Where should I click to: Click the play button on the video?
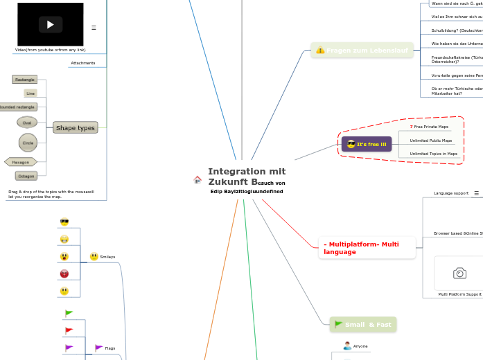pos(50,25)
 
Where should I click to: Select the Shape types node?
pos(75,127)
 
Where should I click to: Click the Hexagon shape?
pos(21,162)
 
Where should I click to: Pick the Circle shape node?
pos(28,143)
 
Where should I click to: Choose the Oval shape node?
pos(27,123)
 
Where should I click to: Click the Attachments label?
pos(82,63)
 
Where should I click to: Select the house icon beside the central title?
pos(197,180)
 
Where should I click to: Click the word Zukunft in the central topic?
pos(228,181)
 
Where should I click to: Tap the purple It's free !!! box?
pos(367,144)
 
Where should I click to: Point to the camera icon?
pos(459,273)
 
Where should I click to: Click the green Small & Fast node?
pos(363,324)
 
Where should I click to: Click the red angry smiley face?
pos(64,273)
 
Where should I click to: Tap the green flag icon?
pos(69,314)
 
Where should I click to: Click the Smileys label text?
pos(107,257)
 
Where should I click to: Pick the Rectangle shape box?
pos(24,80)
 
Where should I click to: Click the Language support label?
pos(450,193)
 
